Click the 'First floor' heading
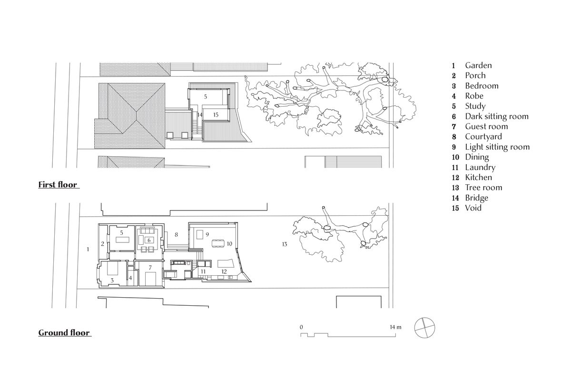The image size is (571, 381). click(58, 185)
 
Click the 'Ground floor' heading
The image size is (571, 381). click(64, 333)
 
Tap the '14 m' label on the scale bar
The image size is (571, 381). click(395, 327)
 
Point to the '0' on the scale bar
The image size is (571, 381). click(301, 327)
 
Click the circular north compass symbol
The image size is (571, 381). click(424, 328)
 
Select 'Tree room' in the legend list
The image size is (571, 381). click(483, 188)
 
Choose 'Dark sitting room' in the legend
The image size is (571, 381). click(497, 116)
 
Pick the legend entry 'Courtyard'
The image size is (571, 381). click(483, 137)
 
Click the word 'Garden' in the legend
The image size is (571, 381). click(478, 65)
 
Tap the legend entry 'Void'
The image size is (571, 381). click(473, 208)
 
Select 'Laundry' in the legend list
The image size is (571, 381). click(480, 167)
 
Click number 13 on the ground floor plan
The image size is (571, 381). click(284, 244)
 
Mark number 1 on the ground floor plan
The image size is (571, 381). click(88, 249)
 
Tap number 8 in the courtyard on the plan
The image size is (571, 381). click(176, 235)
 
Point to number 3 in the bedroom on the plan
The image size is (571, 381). click(112, 281)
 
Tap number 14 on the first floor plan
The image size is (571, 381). click(200, 115)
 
